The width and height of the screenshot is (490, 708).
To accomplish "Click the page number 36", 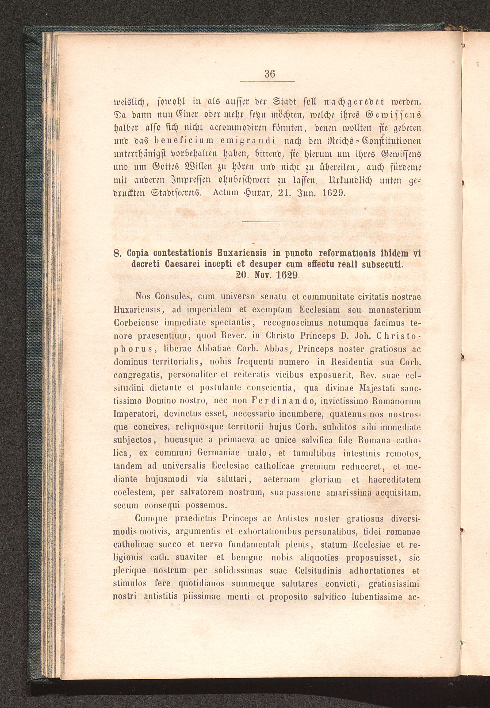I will [x=270, y=74].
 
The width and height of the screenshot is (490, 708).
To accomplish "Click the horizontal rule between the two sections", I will [x=270, y=222].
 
